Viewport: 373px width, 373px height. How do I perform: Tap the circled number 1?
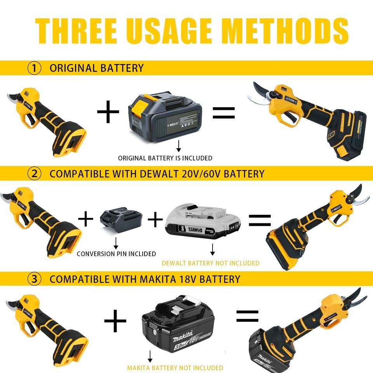[34, 68]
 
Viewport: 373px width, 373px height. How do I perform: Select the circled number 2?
[34, 174]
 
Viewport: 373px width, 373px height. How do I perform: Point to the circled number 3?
[34, 279]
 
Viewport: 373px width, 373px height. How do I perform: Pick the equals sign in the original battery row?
[223, 112]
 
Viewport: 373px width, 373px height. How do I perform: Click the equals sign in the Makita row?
[248, 316]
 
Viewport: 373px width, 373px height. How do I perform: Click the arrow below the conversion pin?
[115, 243]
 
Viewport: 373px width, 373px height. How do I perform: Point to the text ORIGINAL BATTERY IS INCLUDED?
[165, 158]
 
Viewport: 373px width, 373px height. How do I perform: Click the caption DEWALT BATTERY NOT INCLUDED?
[210, 263]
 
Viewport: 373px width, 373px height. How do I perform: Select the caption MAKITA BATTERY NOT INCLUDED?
[175, 368]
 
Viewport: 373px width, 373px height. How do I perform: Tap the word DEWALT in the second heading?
[159, 174]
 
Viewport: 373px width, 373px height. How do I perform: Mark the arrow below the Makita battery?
[150, 357]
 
